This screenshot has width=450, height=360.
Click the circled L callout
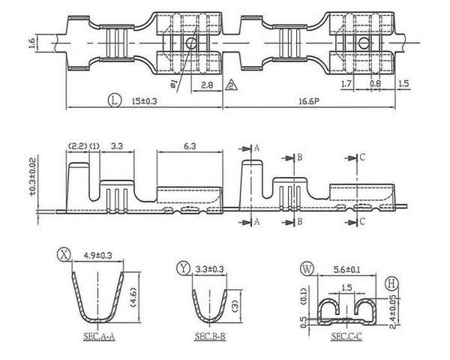[x=115, y=100]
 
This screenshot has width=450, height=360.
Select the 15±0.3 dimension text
[x=144, y=101]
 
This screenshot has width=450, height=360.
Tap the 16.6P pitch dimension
[x=309, y=101]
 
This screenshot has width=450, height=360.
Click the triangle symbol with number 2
[x=231, y=85]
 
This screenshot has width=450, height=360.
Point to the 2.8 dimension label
[x=207, y=85]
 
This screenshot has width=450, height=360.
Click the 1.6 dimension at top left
[x=31, y=43]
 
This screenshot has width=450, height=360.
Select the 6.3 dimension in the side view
[x=190, y=146]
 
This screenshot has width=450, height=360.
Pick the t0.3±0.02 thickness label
[x=32, y=177]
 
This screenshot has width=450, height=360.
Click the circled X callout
[x=64, y=254]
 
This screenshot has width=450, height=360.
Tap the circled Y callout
[x=184, y=268]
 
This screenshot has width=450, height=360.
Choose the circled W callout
[x=307, y=269]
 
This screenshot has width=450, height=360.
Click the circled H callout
[x=391, y=283]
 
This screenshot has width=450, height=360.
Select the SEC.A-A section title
[x=99, y=336]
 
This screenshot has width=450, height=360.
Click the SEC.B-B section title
[x=210, y=336]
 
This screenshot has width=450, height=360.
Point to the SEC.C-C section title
[x=346, y=336]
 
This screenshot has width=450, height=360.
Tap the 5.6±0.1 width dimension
[x=347, y=270]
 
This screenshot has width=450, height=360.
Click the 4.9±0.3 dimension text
[x=97, y=255]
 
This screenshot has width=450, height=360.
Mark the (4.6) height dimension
[x=133, y=298]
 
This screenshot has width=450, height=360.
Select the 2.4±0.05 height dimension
[x=392, y=311]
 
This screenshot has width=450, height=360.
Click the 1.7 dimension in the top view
[x=346, y=83]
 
